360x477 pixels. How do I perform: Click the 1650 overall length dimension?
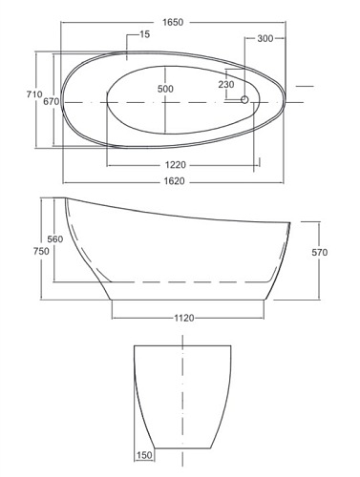tap(173, 22)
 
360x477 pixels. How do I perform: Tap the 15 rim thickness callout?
tap(144, 34)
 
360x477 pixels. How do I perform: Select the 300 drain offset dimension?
tap(265, 38)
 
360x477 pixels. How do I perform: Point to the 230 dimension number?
tap(226, 84)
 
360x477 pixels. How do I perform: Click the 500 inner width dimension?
tap(165, 89)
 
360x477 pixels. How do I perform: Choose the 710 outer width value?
tap(34, 94)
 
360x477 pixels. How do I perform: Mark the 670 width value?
tap(52, 101)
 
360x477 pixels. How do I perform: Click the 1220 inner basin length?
tap(176, 165)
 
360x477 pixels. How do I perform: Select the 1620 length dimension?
tap(174, 181)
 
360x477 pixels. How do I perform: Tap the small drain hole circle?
tap(244, 99)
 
